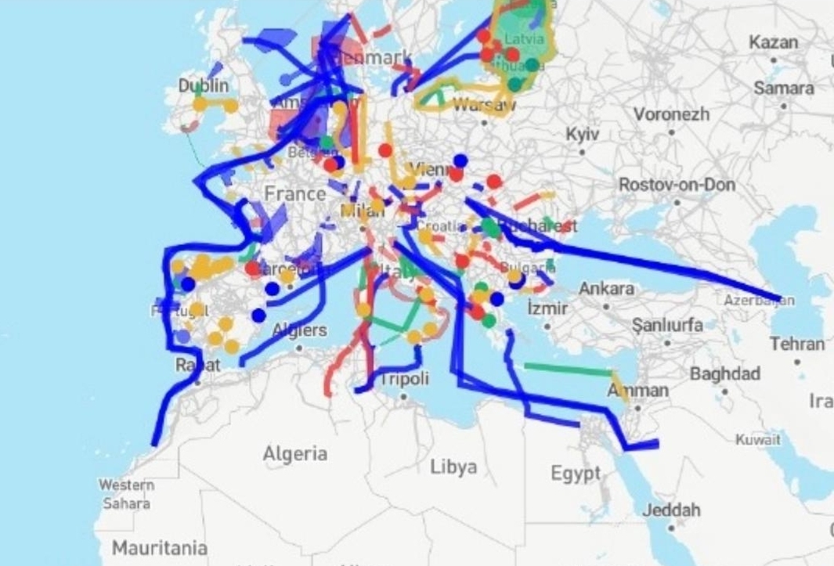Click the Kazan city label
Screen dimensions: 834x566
coord(774,42)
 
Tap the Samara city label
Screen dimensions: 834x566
coord(784,88)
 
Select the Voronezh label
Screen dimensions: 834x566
coord(671,115)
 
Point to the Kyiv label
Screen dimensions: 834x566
coord(582,135)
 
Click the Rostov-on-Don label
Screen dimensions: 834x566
coord(677,185)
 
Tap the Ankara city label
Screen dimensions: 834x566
coord(606,289)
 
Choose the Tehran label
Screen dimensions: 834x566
coord(796,344)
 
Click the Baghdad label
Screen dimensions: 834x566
coord(724,373)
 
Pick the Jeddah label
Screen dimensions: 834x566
coord(671,510)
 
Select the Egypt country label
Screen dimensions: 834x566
coord(575,474)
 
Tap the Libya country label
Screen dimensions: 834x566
coord(453,467)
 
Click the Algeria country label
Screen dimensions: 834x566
coord(294,453)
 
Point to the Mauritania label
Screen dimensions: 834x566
coord(160,548)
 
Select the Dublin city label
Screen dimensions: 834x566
coord(204,85)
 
